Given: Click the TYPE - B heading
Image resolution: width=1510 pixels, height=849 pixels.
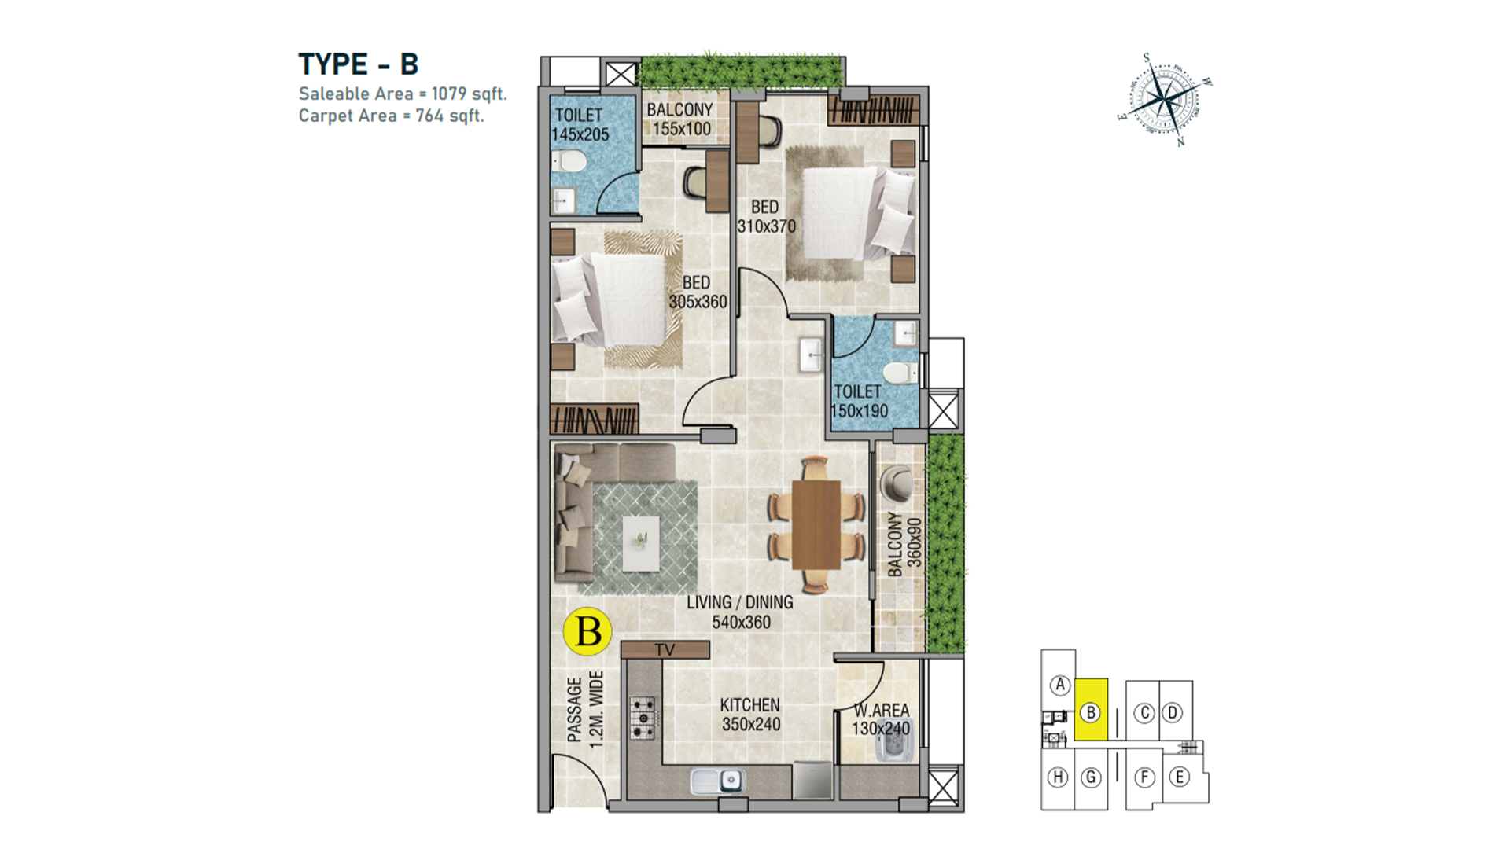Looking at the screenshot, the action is [358, 64].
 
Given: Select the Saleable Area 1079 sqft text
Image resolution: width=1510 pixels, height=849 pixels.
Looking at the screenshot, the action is [403, 94].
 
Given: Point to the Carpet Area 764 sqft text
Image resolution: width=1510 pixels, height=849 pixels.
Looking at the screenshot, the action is [391, 116].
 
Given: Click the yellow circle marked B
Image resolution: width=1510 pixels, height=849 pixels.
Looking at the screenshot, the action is [587, 631].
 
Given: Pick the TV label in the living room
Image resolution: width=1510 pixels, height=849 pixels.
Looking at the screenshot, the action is [665, 650].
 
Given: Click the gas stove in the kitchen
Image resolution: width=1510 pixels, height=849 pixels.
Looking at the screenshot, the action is [643, 717].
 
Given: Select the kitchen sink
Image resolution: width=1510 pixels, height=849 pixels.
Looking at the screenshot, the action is [718, 781].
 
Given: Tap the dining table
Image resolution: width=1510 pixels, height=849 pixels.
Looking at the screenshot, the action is [816, 524].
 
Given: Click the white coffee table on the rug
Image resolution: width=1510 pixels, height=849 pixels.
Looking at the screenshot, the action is [641, 542].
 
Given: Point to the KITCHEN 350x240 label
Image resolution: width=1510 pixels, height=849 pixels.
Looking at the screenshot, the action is [751, 715].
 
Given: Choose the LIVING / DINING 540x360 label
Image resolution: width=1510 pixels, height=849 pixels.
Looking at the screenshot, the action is [740, 612].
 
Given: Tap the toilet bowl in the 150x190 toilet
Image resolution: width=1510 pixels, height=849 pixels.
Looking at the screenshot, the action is [900, 372].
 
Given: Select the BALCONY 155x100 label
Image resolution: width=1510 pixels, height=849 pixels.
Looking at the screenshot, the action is [680, 119].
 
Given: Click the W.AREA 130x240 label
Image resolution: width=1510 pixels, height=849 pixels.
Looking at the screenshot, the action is [881, 719].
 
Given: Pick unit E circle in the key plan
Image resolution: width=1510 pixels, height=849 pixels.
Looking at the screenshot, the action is [1179, 777].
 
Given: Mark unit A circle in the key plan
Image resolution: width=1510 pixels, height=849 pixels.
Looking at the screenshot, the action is [1060, 685].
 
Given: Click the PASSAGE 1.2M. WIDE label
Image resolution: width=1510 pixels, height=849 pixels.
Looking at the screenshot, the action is [585, 709].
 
